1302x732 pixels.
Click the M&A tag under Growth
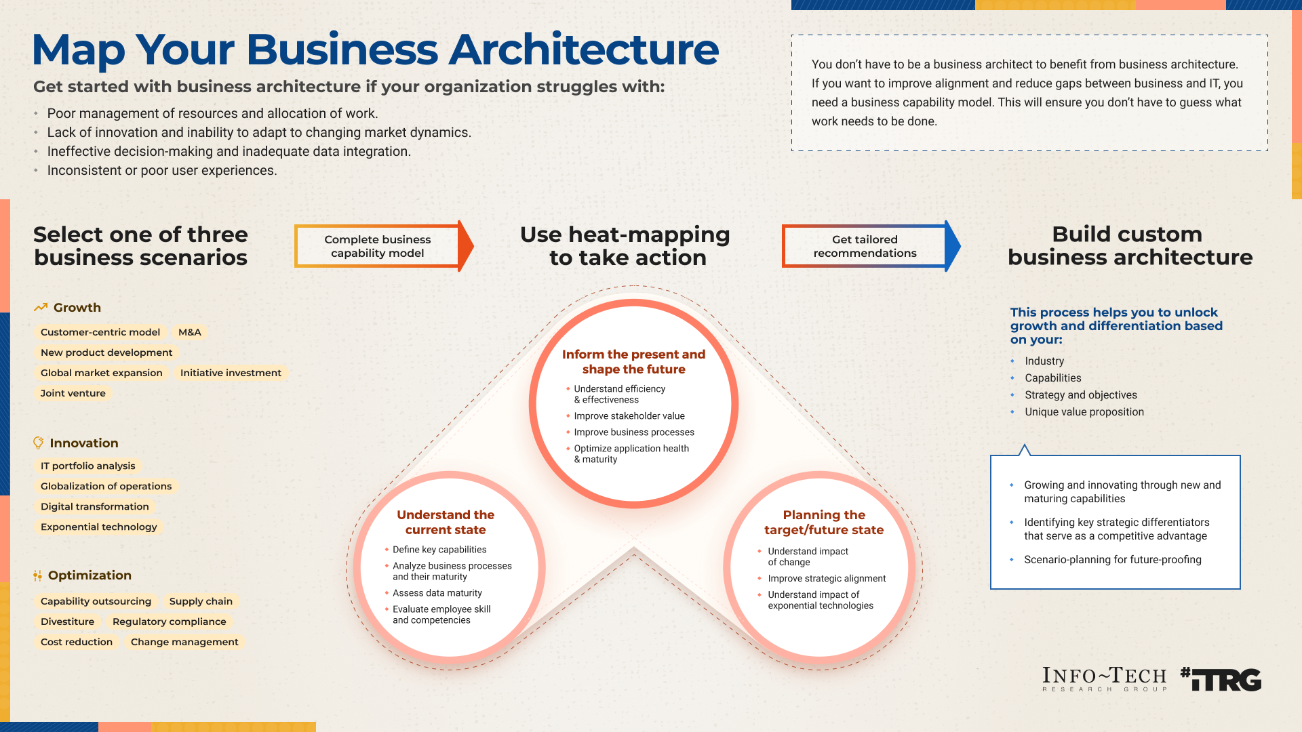pos(190,332)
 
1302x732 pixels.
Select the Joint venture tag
pos(73,393)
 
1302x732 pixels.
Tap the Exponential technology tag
pos(99,527)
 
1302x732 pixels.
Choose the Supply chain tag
pos(201,601)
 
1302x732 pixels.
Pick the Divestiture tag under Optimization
pos(68,622)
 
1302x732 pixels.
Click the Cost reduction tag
pos(77,642)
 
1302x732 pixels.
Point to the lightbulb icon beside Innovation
pos(39,443)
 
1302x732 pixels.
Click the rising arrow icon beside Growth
pos(41,307)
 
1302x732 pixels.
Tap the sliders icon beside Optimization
pos(37,575)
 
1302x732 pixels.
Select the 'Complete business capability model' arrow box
pos(378,246)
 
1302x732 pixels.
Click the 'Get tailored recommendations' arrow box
pos(865,246)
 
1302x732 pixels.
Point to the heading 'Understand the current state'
pos(446,523)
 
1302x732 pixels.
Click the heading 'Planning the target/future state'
pos(824,523)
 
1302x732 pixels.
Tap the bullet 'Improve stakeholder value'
pos(629,416)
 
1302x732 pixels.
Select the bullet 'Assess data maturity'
pos(437,593)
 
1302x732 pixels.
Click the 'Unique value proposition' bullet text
pos(1084,412)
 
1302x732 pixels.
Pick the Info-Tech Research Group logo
pos(1105,679)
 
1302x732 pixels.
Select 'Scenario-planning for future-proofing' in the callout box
pos(1113,560)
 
